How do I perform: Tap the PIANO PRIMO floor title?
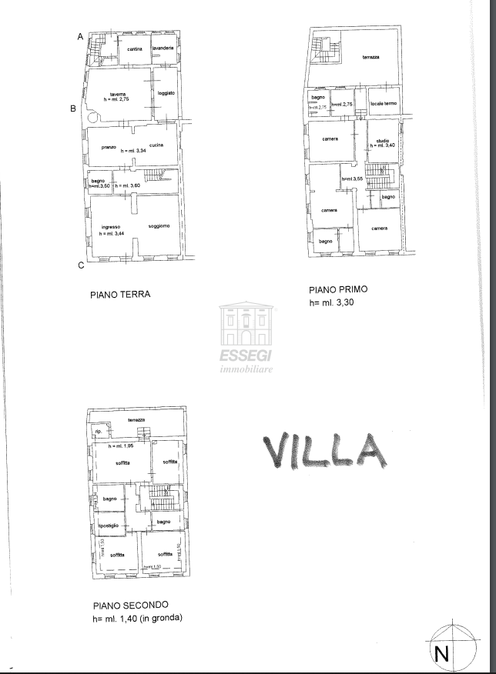[338, 290]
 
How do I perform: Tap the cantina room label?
[135, 49]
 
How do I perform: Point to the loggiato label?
[166, 93]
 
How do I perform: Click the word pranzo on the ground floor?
[109, 145]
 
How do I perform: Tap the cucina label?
[156, 145]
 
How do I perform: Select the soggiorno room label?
[159, 225]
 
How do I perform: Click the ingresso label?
[109, 227]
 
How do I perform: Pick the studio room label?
[382, 139]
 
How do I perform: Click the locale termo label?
[383, 103]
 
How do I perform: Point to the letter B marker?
[73, 108]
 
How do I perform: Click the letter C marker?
[80, 266]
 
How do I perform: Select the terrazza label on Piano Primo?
[370, 58]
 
